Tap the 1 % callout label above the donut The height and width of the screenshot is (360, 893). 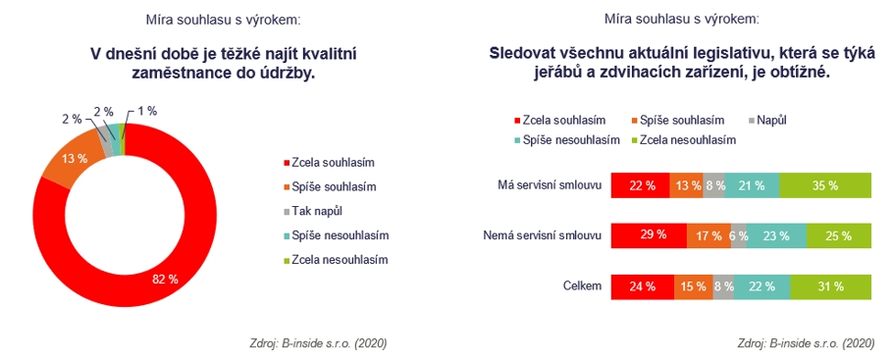[146, 112]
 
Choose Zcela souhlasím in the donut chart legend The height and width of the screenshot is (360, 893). [333, 162]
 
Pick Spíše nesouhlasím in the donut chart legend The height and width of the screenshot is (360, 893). [340, 235]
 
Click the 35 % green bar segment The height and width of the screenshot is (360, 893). [825, 185]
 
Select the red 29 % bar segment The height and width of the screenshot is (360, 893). [649, 235]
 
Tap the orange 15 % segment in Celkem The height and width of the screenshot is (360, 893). [694, 286]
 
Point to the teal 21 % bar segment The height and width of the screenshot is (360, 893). [752, 185]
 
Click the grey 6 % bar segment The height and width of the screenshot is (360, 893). [739, 235]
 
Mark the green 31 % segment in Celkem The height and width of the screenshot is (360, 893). [831, 286]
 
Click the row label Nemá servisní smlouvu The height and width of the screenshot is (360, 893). [542, 235]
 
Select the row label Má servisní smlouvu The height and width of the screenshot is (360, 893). [550, 185]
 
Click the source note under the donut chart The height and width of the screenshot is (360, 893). [318, 343]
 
